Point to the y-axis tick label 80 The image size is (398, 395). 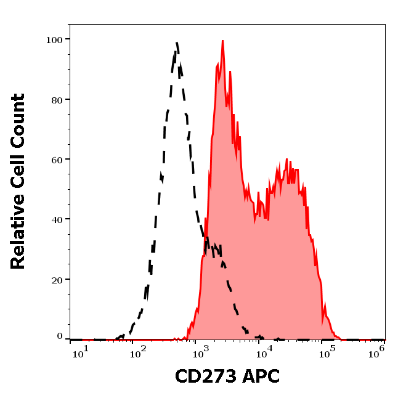click(56, 99)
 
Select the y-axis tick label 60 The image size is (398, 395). click(56, 159)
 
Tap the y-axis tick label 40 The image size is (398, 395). click(56, 219)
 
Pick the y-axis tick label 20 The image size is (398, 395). click(56, 279)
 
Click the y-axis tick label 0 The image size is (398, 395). click(59, 336)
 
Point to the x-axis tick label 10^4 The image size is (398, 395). click(265, 351)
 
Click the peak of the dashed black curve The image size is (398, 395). click(176, 43)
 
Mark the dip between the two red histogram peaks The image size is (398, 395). click(256, 216)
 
